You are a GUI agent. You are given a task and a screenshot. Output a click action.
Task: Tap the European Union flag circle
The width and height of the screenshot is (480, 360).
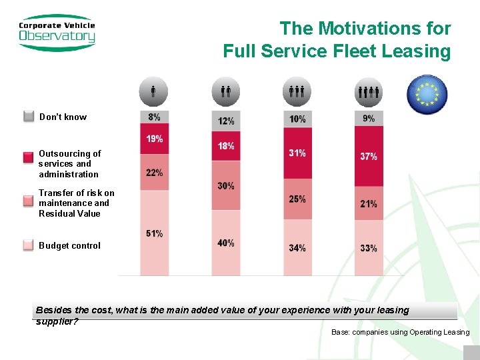427,95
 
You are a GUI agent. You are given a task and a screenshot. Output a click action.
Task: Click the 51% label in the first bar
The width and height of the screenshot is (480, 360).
154,233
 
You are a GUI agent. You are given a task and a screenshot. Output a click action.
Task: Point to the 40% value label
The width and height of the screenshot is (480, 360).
226,243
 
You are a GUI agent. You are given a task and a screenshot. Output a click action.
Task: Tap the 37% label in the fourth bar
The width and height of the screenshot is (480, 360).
369,157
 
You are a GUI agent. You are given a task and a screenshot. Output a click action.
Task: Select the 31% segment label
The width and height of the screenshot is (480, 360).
297,153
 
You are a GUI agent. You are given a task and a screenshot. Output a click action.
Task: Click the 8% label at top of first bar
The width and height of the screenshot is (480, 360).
154,117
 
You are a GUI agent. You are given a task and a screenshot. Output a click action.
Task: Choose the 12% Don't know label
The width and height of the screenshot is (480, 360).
226,121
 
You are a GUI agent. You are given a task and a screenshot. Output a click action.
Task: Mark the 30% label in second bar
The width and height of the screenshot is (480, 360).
226,186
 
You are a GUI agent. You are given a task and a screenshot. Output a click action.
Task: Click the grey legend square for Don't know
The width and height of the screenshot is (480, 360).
29,117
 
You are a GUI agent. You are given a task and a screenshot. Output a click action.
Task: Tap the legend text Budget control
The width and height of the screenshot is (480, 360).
69,245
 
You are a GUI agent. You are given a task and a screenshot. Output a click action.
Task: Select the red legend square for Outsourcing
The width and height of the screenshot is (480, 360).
29,158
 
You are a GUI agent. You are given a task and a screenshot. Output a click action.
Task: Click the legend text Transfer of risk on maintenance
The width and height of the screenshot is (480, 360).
76,203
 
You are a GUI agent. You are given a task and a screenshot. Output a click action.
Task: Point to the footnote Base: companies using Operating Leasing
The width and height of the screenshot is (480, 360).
400,332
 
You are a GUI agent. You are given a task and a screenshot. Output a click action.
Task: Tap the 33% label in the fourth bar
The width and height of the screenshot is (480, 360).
369,248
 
